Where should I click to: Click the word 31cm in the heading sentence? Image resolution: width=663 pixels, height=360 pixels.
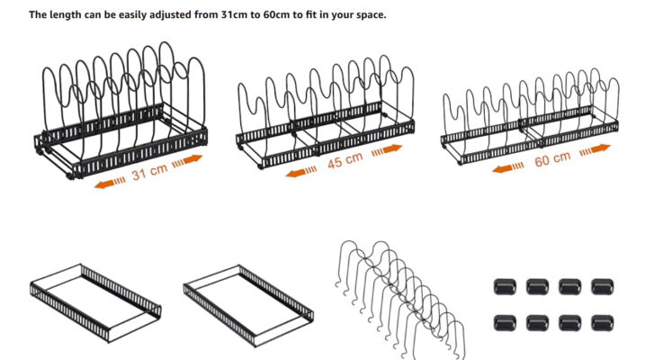coord(237,15)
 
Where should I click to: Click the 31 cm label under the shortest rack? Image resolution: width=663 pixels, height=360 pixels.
coord(150,172)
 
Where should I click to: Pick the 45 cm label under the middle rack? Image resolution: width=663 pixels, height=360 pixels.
coord(345,163)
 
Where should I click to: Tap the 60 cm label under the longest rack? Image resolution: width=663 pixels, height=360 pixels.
coord(551,159)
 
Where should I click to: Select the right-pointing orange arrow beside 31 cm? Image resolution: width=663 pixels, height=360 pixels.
coord(188,160)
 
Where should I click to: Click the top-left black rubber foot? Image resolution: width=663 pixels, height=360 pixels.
coord(504,287)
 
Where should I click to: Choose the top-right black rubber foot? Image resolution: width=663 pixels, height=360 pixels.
coord(602,287)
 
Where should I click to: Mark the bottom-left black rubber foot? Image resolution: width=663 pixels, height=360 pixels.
coord(504,320)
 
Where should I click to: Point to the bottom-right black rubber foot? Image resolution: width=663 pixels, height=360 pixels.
coord(602,320)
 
